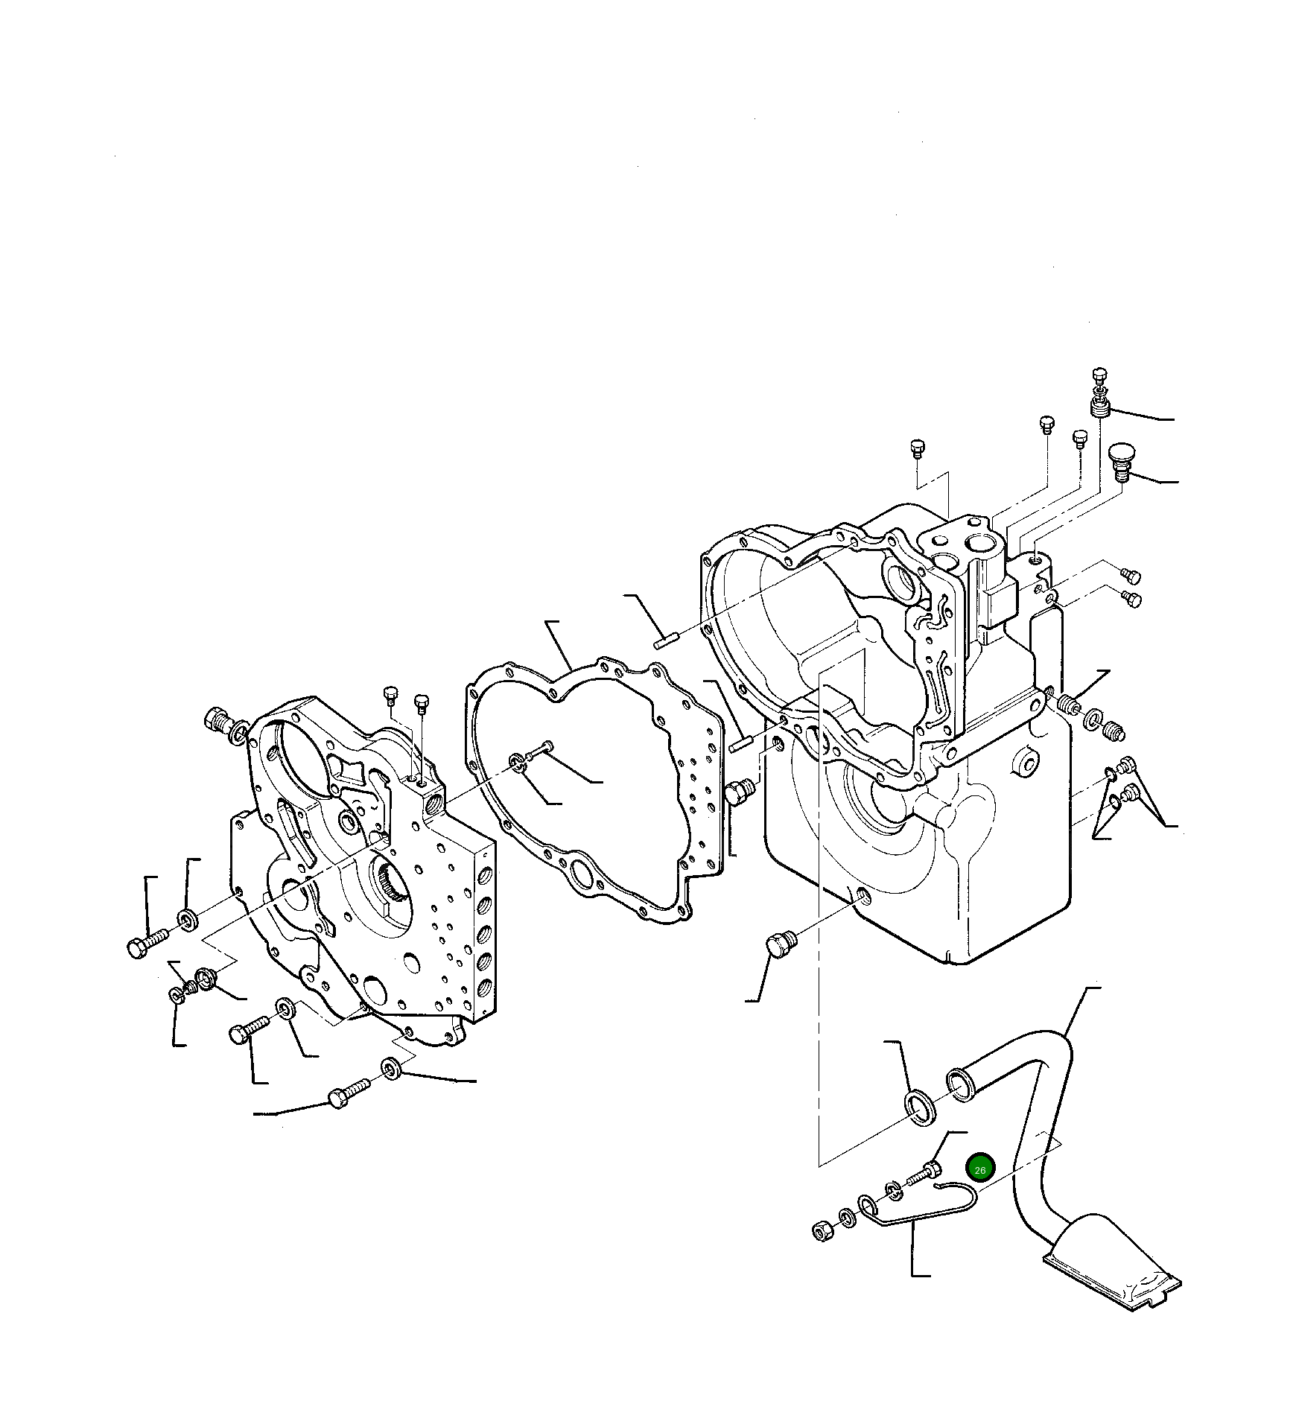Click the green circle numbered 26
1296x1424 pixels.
(979, 1170)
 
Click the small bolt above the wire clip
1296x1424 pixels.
(924, 1177)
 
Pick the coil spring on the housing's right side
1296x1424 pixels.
(1069, 703)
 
